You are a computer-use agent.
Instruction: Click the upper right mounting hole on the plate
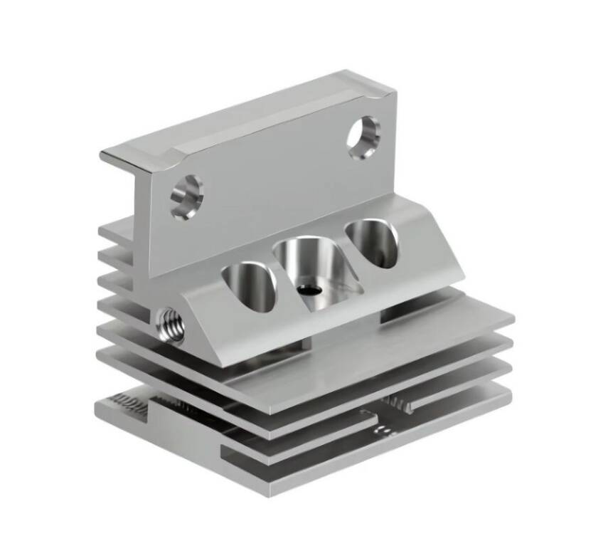(363, 137)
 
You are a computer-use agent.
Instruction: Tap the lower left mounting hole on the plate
(187, 196)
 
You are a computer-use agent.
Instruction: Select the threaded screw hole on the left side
(171, 325)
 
